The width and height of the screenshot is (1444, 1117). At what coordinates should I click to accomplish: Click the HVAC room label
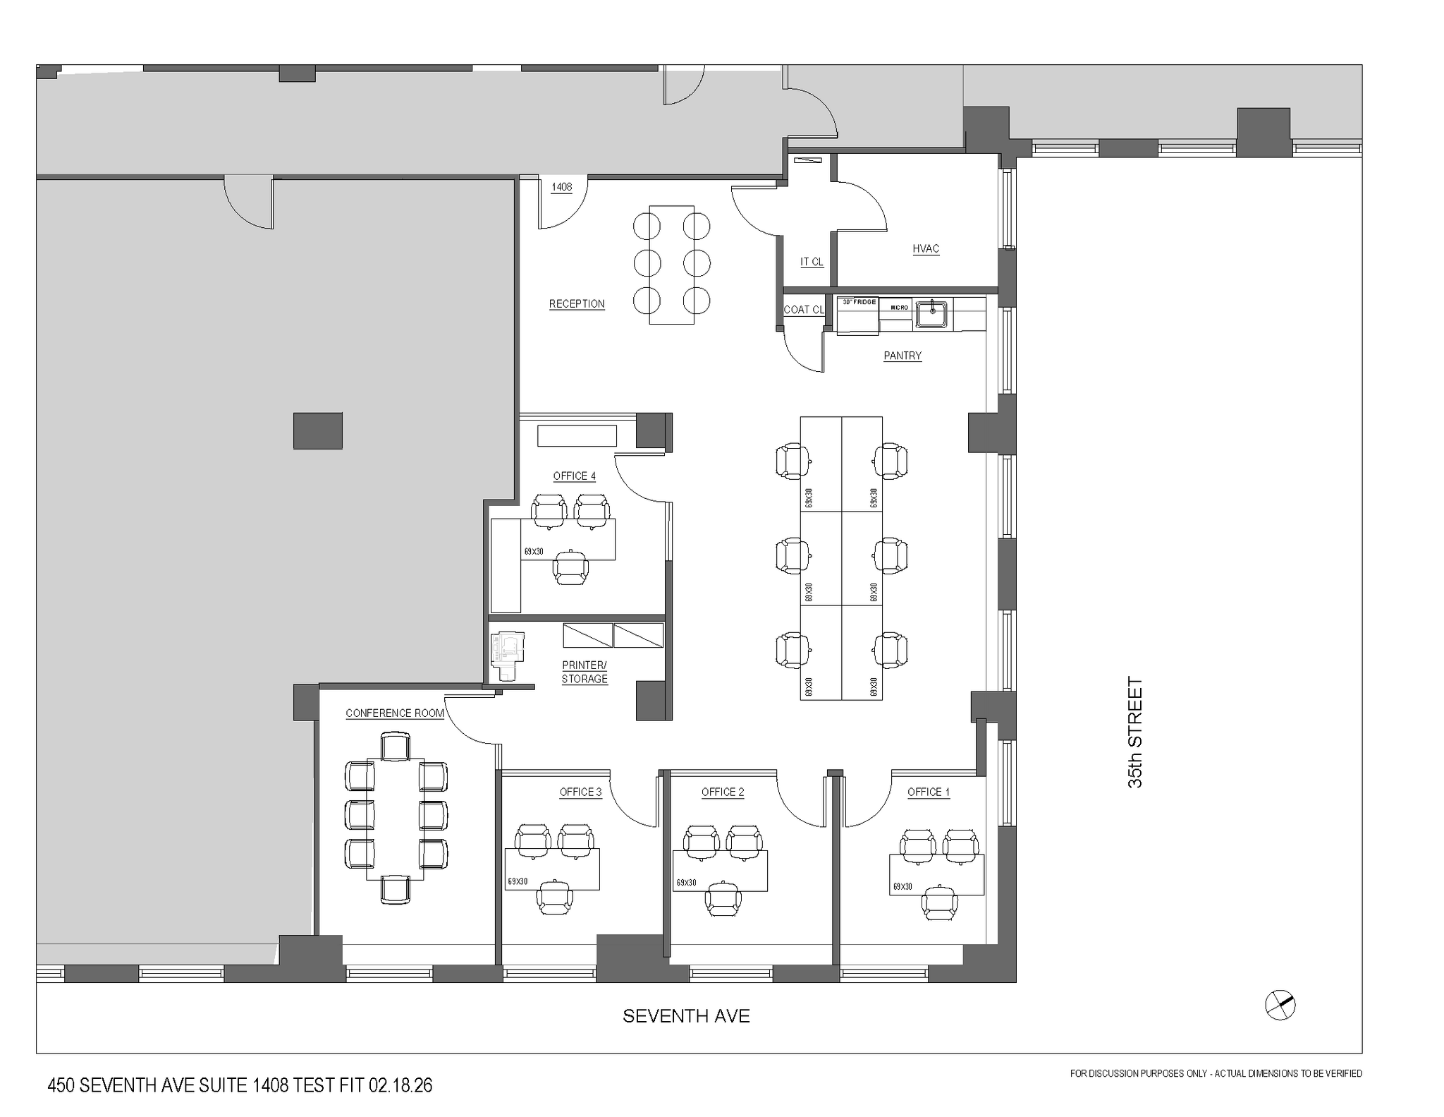(926, 248)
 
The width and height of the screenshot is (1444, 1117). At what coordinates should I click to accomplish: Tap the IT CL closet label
(812, 262)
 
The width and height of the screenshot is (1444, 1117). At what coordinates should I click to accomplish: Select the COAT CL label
(804, 310)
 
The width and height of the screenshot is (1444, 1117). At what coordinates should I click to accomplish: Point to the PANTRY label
(902, 356)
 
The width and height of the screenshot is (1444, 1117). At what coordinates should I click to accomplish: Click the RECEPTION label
(577, 304)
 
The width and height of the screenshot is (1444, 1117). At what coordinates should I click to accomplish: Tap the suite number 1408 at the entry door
(561, 187)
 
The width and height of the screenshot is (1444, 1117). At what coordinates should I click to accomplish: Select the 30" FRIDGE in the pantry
(858, 315)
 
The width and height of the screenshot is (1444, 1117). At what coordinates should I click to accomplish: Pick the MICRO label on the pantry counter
(898, 308)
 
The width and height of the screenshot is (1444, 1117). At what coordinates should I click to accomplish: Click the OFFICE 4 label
(574, 476)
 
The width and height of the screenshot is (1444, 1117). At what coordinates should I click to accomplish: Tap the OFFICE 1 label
(928, 792)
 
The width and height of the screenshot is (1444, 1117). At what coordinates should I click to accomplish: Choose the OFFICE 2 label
(723, 792)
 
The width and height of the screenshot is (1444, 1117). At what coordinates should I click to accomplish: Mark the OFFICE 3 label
(581, 792)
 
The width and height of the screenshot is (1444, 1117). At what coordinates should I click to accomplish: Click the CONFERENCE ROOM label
(395, 713)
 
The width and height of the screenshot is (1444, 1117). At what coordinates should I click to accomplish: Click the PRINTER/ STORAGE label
(585, 672)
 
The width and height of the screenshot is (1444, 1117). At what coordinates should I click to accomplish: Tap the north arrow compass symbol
(1280, 1005)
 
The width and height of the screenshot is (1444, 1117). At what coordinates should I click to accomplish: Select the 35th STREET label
(1134, 732)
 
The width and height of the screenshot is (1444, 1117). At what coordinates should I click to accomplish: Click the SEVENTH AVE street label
(686, 1016)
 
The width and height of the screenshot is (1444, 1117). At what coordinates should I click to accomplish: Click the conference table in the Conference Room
(395, 819)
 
